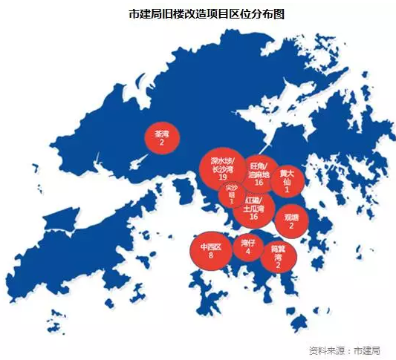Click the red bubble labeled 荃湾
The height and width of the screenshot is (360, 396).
[x=161, y=137]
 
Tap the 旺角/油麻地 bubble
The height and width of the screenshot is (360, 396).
[x=259, y=173]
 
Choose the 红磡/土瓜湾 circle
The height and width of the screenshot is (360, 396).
[x=253, y=207]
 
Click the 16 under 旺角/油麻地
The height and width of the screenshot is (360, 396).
[x=259, y=182]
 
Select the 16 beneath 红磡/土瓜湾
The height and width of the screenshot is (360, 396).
[x=253, y=217]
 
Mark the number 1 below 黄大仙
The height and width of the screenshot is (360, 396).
[x=287, y=189]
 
